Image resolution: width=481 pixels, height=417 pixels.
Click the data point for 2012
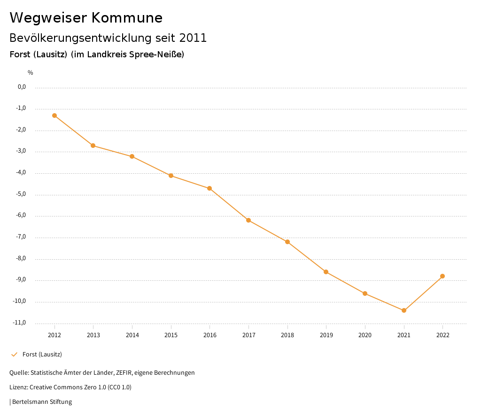(54, 116)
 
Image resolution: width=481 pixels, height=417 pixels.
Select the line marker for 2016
(209, 188)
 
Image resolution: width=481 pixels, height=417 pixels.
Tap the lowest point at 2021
(404, 310)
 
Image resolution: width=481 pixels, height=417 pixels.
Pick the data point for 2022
(442, 276)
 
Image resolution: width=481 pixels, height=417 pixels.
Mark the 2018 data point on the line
(287, 242)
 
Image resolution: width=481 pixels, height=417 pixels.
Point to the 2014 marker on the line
(132, 156)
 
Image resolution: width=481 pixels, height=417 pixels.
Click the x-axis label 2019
(326, 335)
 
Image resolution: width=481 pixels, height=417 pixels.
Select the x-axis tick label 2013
(93, 335)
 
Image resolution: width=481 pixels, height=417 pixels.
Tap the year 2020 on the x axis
(365, 335)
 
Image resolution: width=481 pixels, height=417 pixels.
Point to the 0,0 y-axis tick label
(22, 87)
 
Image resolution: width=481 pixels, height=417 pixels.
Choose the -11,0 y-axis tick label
(20, 323)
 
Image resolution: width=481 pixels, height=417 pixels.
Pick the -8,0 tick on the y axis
(22, 258)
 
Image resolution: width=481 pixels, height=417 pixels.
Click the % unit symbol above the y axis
(31, 73)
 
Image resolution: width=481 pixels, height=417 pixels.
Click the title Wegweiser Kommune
(86, 18)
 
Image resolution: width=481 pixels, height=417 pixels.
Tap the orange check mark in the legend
(14, 355)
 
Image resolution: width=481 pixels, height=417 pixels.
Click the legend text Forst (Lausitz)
(42, 355)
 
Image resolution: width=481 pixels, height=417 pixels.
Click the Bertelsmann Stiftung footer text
(42, 402)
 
